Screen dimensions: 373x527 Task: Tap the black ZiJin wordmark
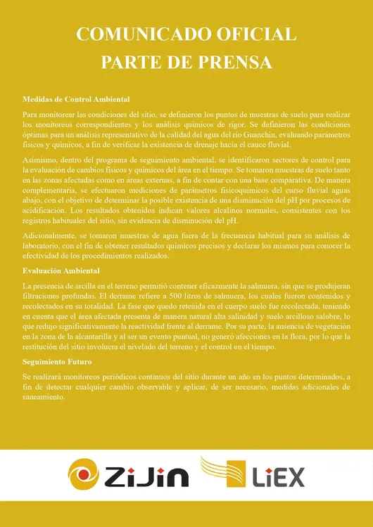click(147, 478)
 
